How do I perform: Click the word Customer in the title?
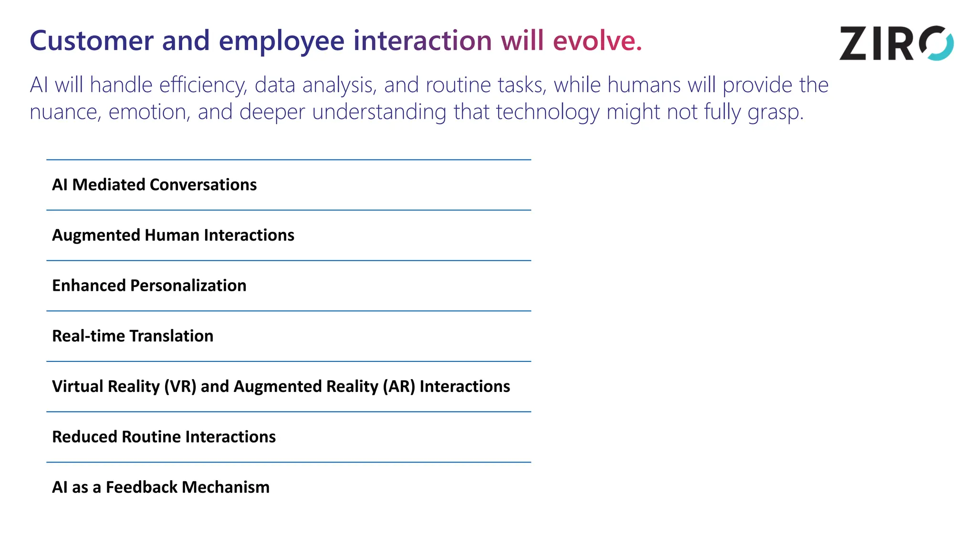(x=92, y=41)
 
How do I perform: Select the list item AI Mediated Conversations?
(x=154, y=185)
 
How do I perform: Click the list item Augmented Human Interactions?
(x=173, y=235)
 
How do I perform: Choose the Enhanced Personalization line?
(x=149, y=286)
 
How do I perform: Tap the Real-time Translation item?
(x=133, y=336)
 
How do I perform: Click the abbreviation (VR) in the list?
(x=180, y=386)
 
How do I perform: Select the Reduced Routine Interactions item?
(x=164, y=437)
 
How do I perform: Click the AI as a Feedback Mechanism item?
(x=160, y=487)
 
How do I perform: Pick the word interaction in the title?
(x=422, y=41)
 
